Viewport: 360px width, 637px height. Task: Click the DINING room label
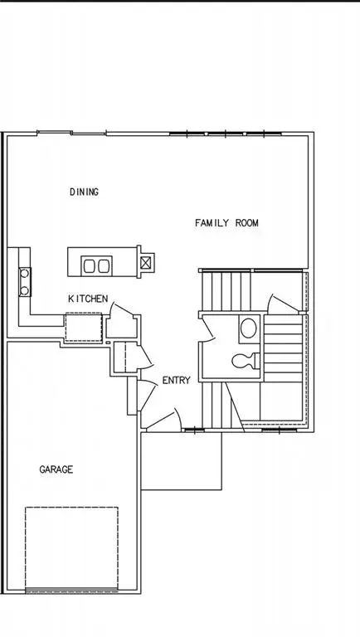[84, 192]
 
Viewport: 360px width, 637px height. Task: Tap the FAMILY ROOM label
[226, 223]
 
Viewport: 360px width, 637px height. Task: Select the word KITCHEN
[87, 299]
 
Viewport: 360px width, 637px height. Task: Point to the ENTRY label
[176, 381]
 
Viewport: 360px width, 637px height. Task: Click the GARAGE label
[56, 469]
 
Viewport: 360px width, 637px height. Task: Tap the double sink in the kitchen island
[96, 265]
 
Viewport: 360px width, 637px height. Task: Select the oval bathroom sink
[248, 328]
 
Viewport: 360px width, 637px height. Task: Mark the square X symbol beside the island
[147, 263]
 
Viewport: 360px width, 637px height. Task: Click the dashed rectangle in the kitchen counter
[83, 325]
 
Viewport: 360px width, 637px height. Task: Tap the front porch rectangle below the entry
[182, 461]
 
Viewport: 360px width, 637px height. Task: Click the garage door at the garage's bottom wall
[71, 591]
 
